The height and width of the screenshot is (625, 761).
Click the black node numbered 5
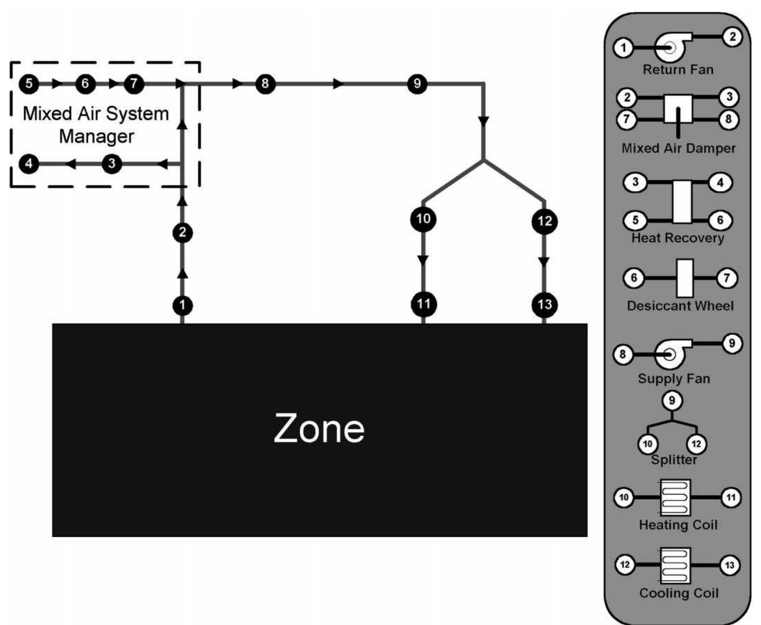(x=29, y=84)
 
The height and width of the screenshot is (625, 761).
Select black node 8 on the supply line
(x=265, y=84)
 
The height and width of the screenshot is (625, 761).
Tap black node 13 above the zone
(x=544, y=304)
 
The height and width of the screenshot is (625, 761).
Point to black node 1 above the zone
(x=182, y=305)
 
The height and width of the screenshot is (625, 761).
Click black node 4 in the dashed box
(x=29, y=164)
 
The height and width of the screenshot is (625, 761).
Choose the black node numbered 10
(x=423, y=218)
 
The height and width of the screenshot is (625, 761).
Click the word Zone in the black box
(x=319, y=428)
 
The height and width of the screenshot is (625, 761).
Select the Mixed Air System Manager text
(x=96, y=125)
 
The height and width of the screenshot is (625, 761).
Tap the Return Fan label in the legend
(x=677, y=70)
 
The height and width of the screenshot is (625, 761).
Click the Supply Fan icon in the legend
(x=671, y=354)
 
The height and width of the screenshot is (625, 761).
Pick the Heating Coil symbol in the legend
(x=676, y=498)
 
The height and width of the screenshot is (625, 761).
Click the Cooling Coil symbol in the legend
(x=676, y=566)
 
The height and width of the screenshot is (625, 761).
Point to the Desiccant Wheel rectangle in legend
(x=684, y=278)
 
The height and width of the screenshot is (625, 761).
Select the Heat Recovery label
(x=677, y=238)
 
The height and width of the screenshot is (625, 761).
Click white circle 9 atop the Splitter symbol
(x=672, y=400)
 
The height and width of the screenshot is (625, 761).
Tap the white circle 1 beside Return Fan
(x=623, y=47)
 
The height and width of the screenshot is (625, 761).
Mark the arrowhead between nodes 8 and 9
(x=338, y=84)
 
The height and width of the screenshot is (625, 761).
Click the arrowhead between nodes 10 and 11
(x=423, y=260)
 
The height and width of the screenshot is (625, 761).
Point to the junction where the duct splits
(x=484, y=160)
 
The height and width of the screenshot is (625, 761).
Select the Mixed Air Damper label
(x=678, y=148)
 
